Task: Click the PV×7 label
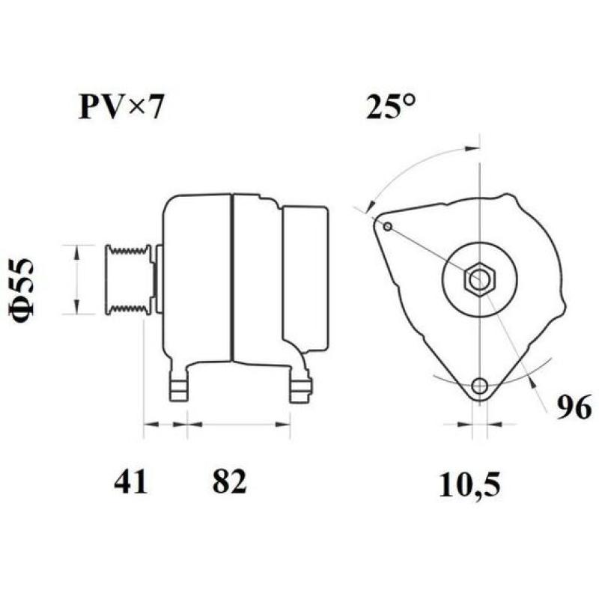click(x=120, y=108)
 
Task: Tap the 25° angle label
click(x=391, y=108)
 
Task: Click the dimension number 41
click(x=131, y=482)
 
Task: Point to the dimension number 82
click(x=228, y=482)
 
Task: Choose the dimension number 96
click(x=574, y=407)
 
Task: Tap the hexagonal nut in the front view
click(x=478, y=280)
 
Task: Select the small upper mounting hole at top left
click(x=387, y=226)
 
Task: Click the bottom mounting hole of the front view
click(x=479, y=386)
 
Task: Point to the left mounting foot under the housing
click(x=177, y=385)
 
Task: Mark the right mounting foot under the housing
click(x=300, y=386)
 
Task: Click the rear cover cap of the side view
click(x=305, y=279)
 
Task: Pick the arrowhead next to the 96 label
click(x=532, y=382)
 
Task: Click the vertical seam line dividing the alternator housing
click(x=232, y=277)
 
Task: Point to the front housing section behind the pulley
click(x=196, y=277)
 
